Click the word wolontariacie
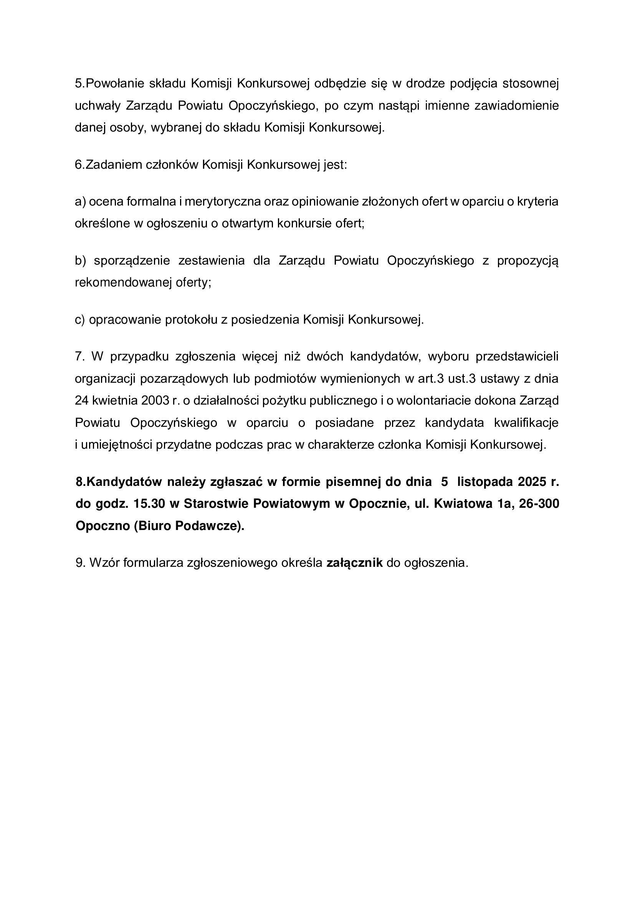[x=432, y=400]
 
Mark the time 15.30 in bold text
[x=149, y=504]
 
